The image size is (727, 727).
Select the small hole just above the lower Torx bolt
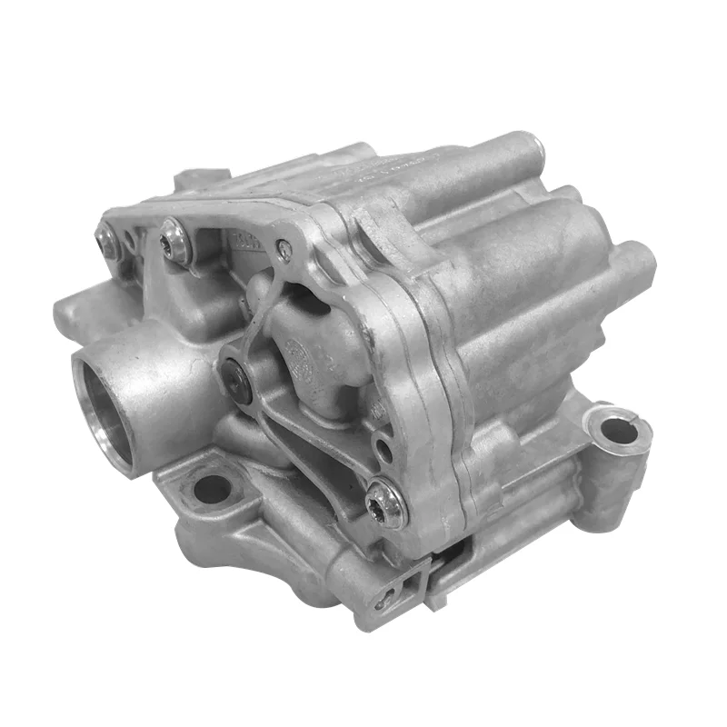(383, 450)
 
